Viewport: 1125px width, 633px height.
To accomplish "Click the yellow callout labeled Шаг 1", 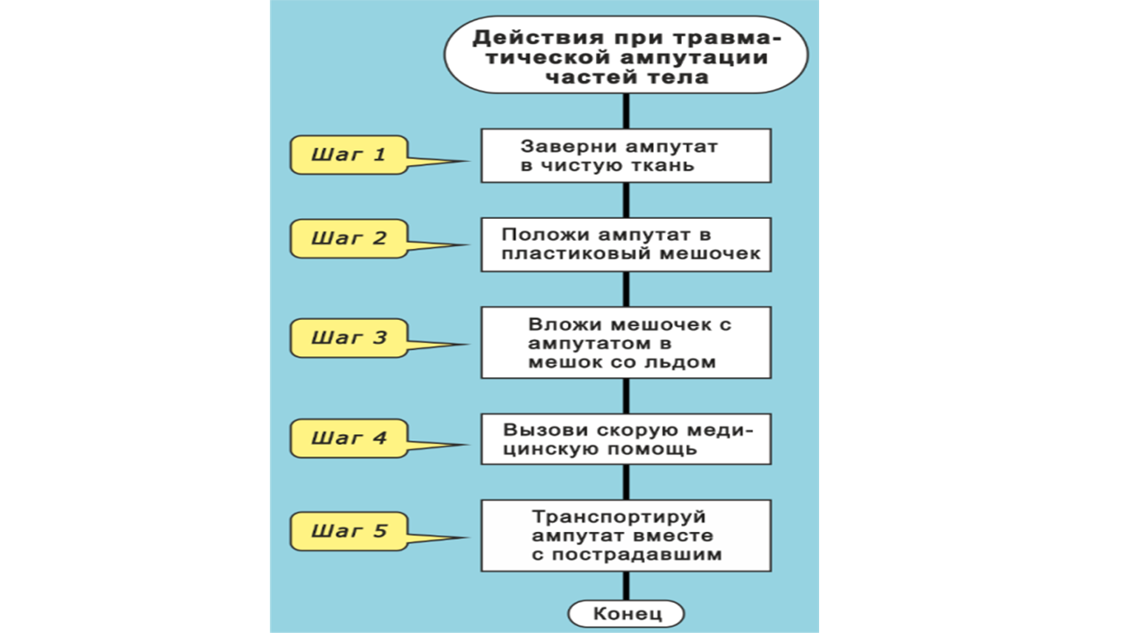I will pyautogui.click(x=349, y=156).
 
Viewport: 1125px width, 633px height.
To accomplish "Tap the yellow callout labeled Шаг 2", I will pyautogui.click(x=349, y=238).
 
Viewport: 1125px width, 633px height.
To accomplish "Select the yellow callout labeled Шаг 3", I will pyautogui.click(x=349, y=338).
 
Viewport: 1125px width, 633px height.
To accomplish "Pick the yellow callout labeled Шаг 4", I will pyautogui.click(x=349, y=437).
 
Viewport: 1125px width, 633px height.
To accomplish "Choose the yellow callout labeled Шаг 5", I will pyautogui.click(x=349, y=531).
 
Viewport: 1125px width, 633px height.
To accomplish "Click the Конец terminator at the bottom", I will pyautogui.click(x=626, y=613).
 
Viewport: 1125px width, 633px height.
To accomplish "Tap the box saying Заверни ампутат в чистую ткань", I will pyautogui.click(x=626, y=156).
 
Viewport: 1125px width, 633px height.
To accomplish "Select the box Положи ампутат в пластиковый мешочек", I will pyautogui.click(x=626, y=245).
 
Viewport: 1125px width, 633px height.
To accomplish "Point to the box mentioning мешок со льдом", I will pyautogui.click(x=626, y=342).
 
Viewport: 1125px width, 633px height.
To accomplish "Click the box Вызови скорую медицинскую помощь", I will pyautogui.click(x=626, y=439).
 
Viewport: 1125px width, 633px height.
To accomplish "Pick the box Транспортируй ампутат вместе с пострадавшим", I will pyautogui.click(x=626, y=535).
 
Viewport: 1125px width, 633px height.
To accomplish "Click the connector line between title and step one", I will pyautogui.click(x=626, y=111).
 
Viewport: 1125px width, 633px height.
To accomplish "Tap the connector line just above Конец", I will pyautogui.click(x=626, y=586).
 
